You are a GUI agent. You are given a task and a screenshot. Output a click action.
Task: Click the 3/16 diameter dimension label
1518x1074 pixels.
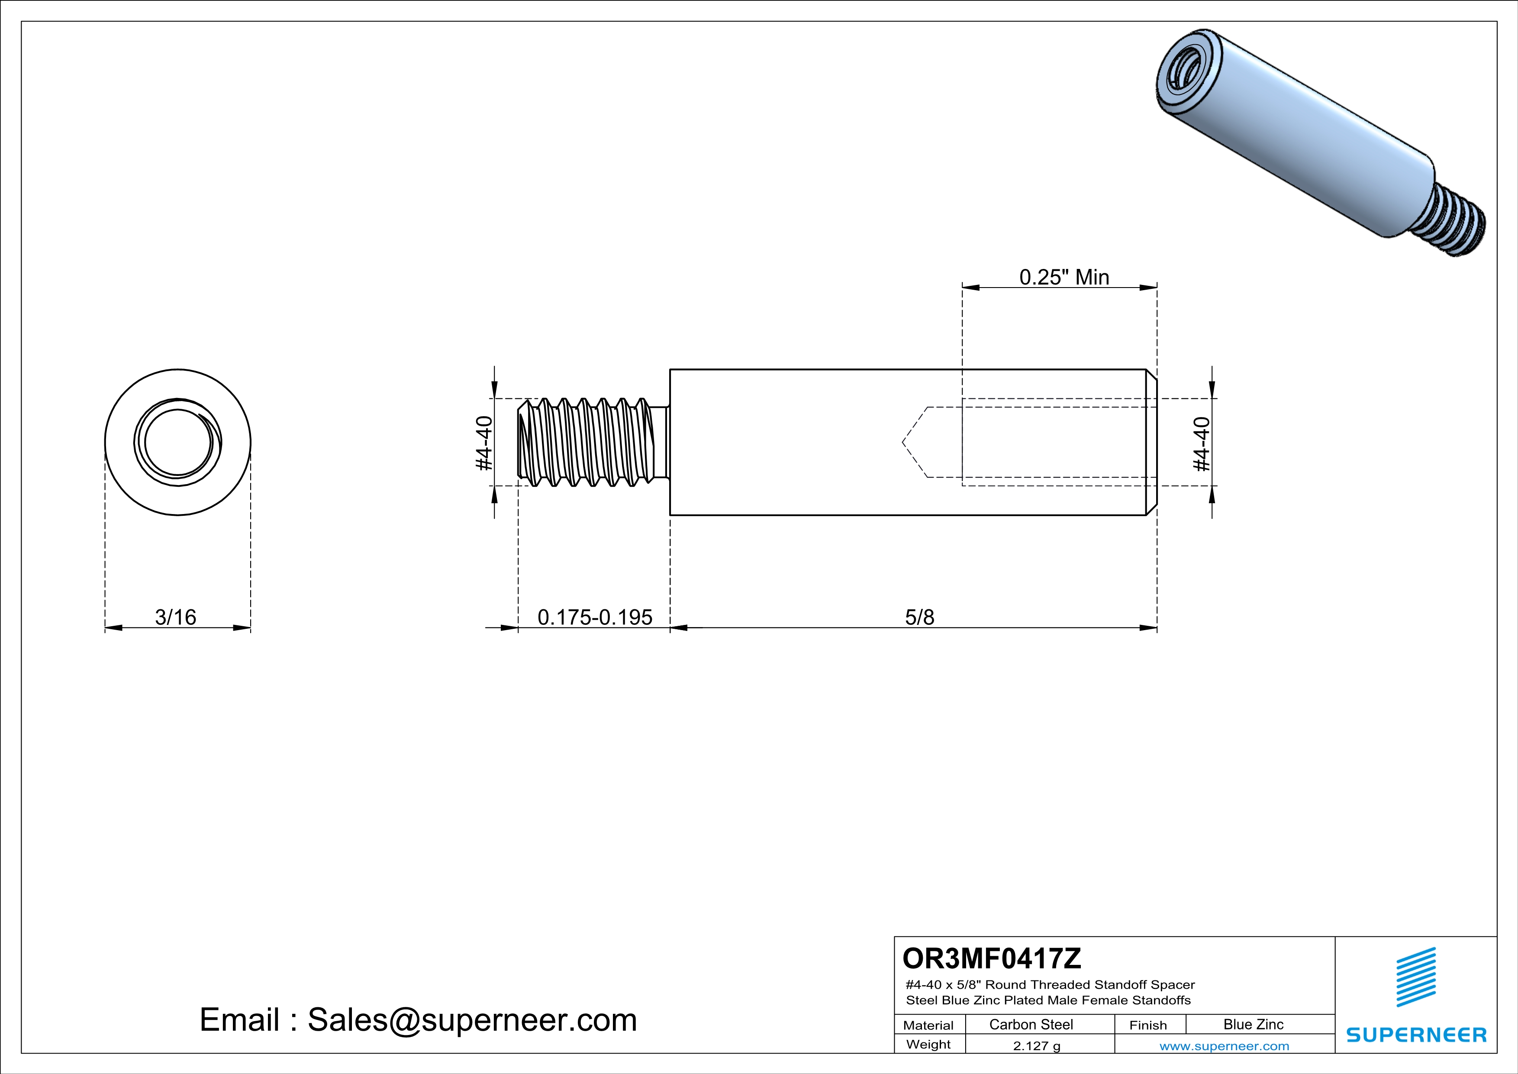175,617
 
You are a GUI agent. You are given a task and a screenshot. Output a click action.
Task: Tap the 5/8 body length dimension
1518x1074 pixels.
920,617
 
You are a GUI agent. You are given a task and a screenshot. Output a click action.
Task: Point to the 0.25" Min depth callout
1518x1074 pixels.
1064,277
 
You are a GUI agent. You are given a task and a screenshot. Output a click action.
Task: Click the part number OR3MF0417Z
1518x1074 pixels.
992,958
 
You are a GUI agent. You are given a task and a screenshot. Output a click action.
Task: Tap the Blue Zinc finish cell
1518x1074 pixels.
1254,1024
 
